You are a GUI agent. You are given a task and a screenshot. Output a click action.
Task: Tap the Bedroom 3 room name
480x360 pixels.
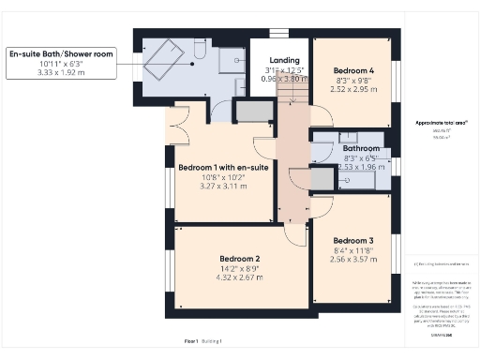[x=354, y=239]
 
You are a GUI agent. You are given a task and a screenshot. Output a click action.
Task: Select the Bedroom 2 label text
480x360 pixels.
[x=240, y=259]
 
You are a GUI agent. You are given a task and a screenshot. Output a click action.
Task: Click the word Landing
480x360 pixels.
[x=284, y=60]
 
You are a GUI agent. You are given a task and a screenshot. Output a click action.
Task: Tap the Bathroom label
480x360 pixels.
[x=361, y=149]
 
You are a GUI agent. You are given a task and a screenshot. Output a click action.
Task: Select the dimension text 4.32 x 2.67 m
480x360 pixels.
[x=240, y=278]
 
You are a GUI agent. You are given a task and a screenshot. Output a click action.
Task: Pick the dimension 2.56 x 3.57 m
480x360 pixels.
[x=354, y=259]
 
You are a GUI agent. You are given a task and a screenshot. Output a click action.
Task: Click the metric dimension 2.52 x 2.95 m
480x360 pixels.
[x=359, y=90]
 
